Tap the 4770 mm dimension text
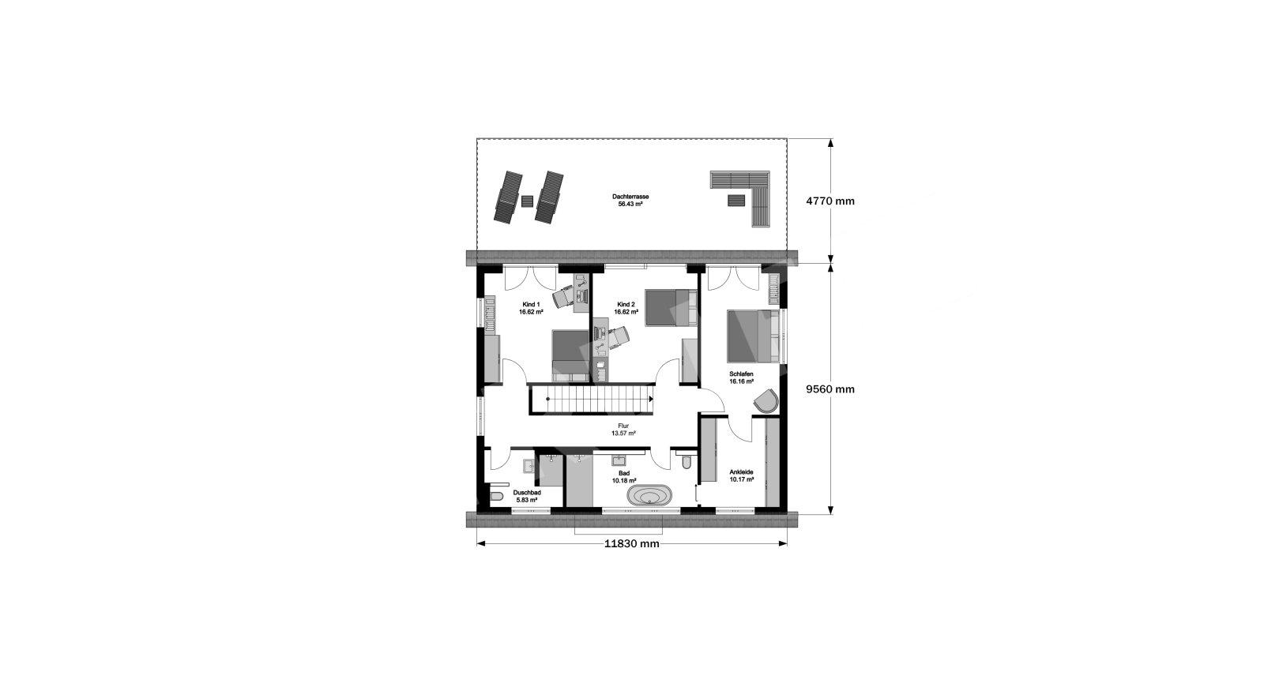click(x=830, y=201)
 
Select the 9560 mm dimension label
click(x=830, y=389)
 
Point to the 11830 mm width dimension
click(x=631, y=544)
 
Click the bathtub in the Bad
click(x=649, y=495)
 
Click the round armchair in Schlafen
click(x=766, y=400)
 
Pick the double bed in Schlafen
click(x=754, y=336)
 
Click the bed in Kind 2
click(x=671, y=307)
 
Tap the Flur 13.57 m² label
click(x=623, y=430)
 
